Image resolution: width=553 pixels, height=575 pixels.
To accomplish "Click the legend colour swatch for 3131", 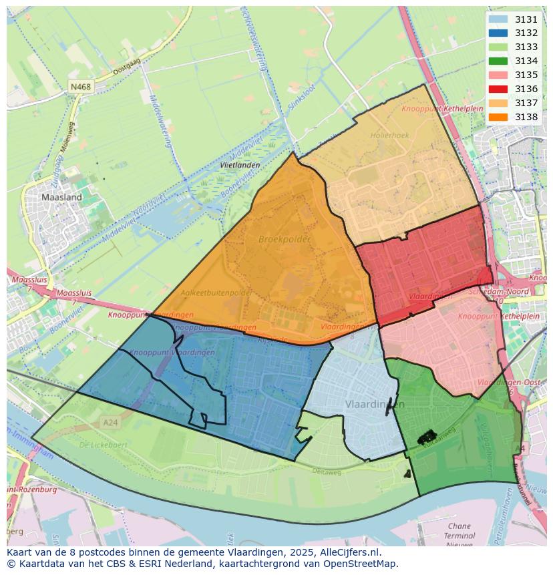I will point(498,19).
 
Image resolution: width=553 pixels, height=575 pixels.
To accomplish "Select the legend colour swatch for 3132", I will point(498,33).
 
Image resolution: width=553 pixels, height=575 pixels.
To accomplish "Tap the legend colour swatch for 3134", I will point(498,61).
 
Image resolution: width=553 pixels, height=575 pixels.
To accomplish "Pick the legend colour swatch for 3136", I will point(498,89).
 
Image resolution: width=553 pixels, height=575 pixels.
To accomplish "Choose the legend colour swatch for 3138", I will point(498,117).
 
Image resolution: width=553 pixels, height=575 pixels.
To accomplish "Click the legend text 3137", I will point(526,103).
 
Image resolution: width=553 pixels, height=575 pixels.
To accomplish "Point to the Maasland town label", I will point(61,198).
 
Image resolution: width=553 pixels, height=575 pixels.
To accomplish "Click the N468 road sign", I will point(81,87).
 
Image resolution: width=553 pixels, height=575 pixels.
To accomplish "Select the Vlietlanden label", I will point(240,164).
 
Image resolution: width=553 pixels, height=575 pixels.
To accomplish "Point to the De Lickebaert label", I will point(103,444).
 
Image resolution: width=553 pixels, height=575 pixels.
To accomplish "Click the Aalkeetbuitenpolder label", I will point(217,293).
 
